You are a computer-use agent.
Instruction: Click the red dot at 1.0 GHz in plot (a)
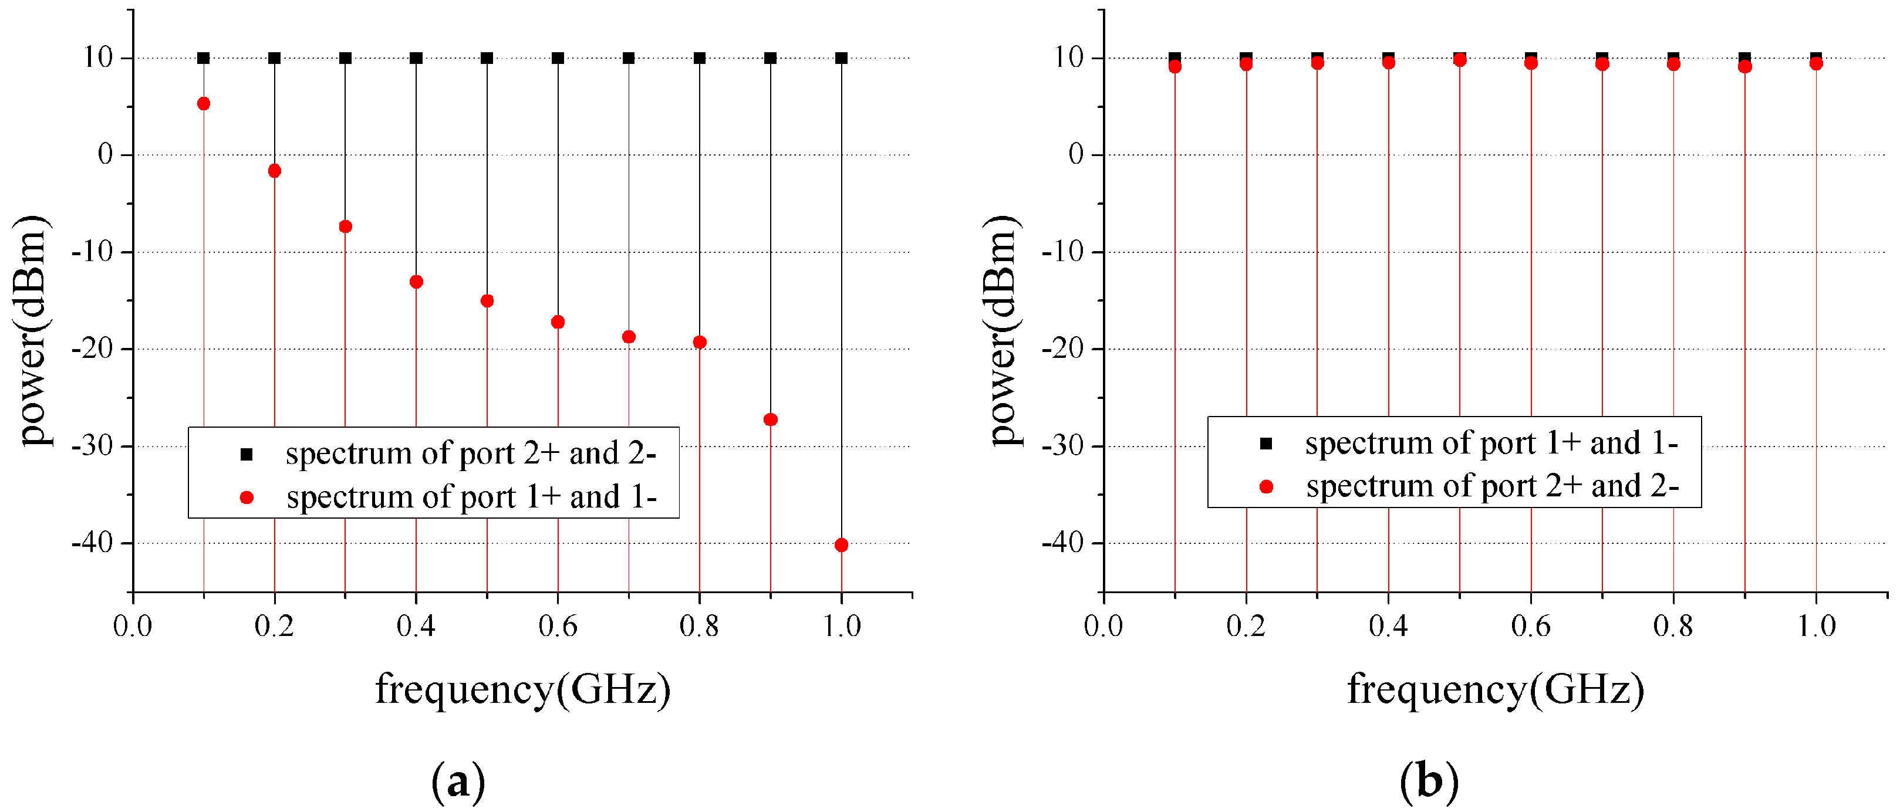[841, 545]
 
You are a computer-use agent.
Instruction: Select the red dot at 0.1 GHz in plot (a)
[204, 103]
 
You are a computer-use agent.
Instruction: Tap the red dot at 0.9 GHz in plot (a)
[770, 419]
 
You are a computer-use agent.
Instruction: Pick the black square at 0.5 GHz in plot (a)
[487, 58]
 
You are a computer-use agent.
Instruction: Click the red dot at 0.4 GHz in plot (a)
[416, 282]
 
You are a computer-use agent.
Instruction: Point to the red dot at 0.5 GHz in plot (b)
[1460, 60]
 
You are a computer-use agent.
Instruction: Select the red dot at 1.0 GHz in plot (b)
[1816, 64]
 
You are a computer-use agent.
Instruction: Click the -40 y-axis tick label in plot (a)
[92, 543]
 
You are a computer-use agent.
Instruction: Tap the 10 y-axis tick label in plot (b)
[1068, 57]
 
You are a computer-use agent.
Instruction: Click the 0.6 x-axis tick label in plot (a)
[558, 626]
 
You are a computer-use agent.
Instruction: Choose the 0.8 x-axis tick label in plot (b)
[1673, 626]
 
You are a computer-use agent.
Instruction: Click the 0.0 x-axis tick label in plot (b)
[1103, 626]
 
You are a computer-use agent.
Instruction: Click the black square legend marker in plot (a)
[247, 454]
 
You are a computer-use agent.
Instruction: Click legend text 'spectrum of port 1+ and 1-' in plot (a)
[471, 497]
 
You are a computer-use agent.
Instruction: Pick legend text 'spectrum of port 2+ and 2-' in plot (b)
[1492, 486]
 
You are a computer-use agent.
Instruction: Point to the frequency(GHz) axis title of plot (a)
[522, 689]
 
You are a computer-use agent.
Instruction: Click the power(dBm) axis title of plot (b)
[1003, 330]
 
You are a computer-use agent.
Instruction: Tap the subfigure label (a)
[458, 780]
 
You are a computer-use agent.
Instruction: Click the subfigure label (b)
[1429, 780]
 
